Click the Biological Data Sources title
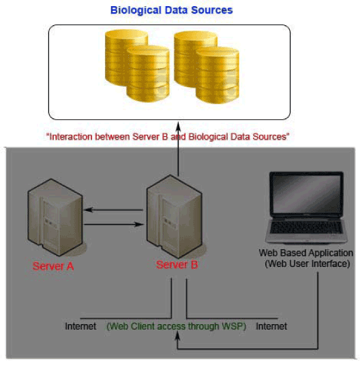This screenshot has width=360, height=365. coord(172,10)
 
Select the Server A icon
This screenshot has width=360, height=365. coord(55,217)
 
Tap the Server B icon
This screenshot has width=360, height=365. coord(175,217)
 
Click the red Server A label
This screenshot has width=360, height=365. coord(53,266)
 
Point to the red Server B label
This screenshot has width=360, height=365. coord(177,265)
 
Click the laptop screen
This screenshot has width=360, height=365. coord(306,193)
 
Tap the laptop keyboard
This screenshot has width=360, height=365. coord(306,227)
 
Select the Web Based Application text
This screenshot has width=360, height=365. coord(305,253)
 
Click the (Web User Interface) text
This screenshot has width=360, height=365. coord(307,264)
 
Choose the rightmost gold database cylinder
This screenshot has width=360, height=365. coord(217,75)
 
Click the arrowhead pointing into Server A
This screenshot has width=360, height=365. coord(88,210)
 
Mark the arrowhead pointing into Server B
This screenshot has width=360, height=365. coord(140,225)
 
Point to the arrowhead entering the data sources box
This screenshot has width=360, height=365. coord(178,126)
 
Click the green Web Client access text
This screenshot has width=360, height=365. coord(177,326)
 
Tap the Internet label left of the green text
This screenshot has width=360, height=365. coord(80,326)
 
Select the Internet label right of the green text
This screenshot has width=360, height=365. coord(271,326)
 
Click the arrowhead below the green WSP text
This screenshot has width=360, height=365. coord(177,336)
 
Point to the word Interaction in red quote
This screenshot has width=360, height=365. coord(71,137)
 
